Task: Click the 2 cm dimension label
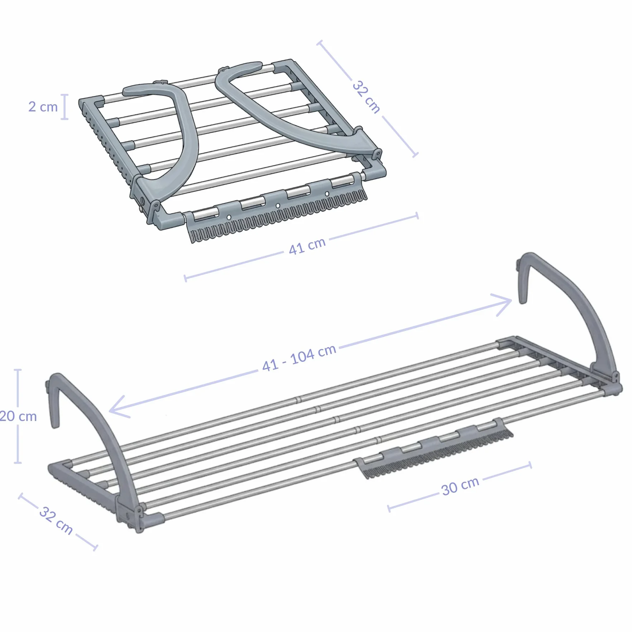coord(43,107)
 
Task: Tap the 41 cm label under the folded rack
coord(307,246)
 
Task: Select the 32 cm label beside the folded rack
coord(366,97)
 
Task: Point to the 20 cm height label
coord(18,416)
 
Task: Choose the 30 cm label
coord(460,486)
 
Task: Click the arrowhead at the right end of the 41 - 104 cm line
coord(503,304)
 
